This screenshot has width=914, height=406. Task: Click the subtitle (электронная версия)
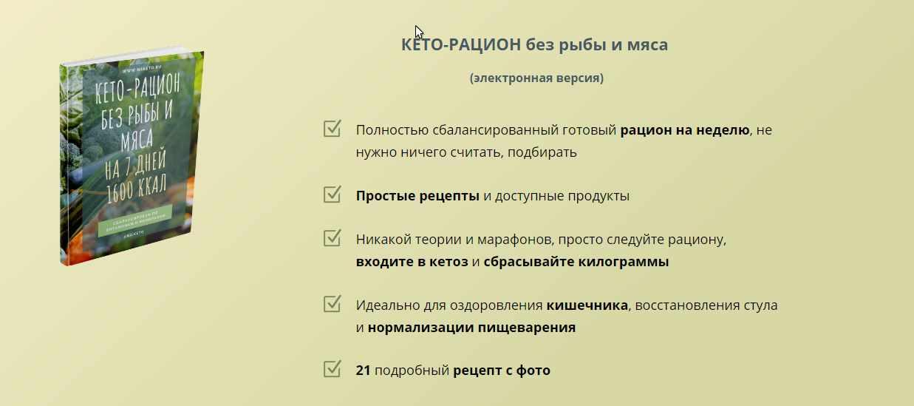coord(536,78)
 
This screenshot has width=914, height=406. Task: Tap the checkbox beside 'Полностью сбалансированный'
coord(332,129)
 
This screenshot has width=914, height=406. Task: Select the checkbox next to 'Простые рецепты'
coord(332,195)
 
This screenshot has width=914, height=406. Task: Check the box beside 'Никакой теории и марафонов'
coord(332,239)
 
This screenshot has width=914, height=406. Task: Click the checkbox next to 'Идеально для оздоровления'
coord(332,304)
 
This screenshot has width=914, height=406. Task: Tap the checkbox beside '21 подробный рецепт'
coord(332,369)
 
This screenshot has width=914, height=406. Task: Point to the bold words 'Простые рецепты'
coord(417,196)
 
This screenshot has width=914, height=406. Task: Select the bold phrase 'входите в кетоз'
coord(412,262)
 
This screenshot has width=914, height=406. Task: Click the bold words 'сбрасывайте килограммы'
coord(576,262)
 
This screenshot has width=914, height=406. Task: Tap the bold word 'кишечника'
coord(587,305)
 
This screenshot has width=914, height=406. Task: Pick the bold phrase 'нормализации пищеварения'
coord(471,327)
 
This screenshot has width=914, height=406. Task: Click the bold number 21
coord(363,371)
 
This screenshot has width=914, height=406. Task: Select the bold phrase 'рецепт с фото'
coord(502,371)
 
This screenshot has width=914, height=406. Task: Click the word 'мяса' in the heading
coord(648,44)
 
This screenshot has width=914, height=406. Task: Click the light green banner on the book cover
coord(134,223)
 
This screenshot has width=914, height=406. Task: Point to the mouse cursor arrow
coord(418,32)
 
